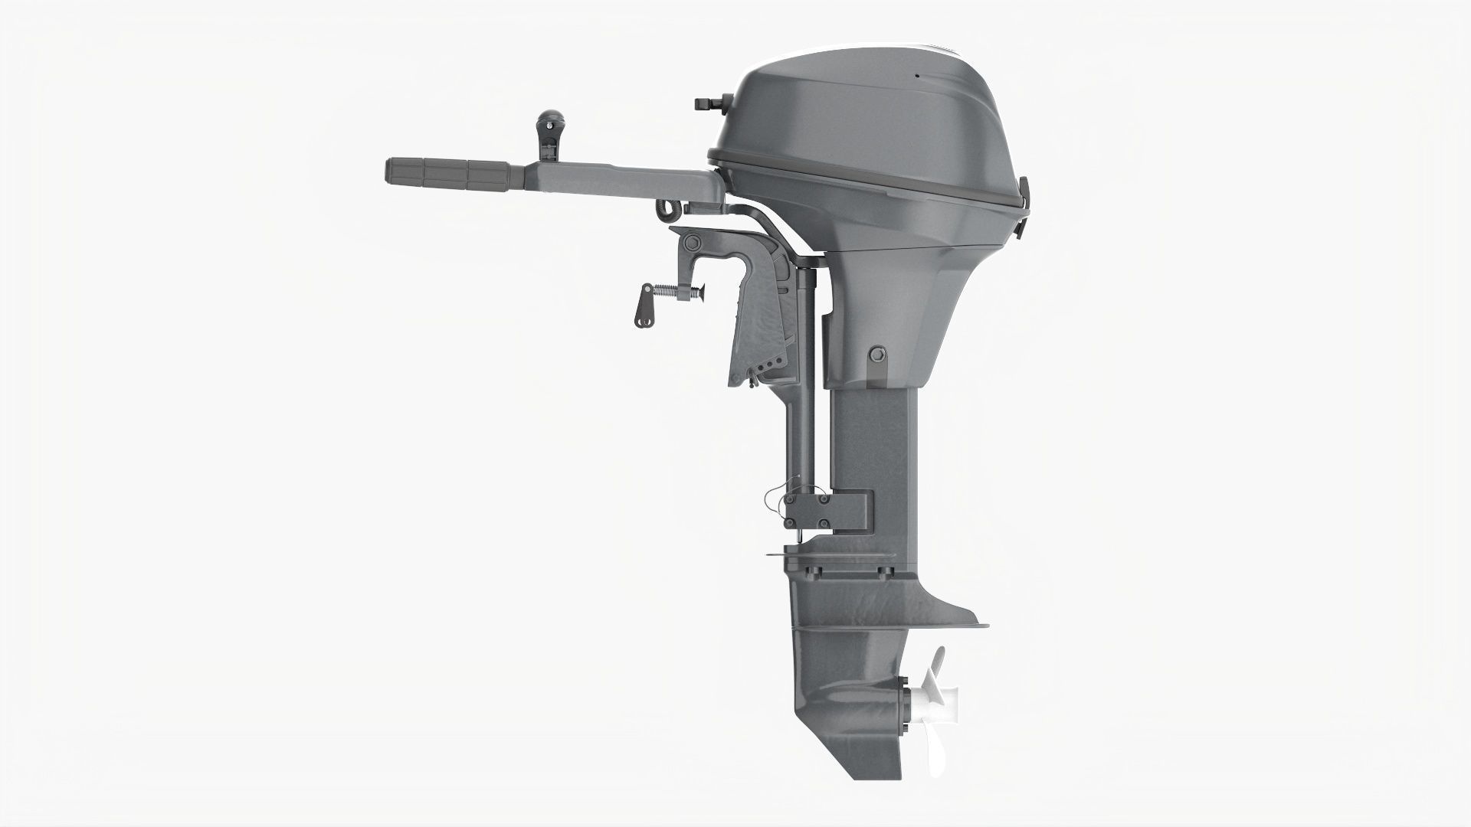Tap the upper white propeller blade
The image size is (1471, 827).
tap(937, 662)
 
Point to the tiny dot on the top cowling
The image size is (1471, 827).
tap(916, 76)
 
